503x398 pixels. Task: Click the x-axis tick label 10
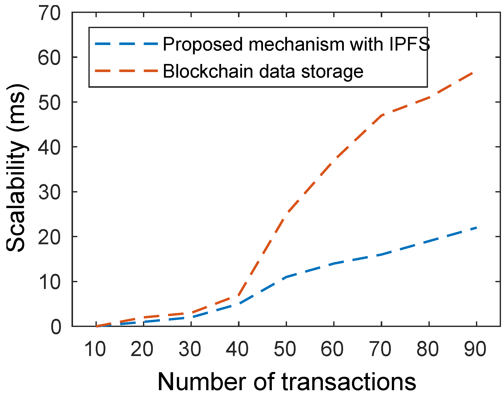tap(95, 349)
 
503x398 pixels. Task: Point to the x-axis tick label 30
tap(190, 349)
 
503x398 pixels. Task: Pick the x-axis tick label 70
tap(380, 349)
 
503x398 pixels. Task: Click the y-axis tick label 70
tap(50, 13)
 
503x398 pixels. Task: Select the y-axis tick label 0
tap(56, 327)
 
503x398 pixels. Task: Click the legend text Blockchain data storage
tap(263, 71)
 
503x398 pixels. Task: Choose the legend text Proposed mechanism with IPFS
tap(296, 44)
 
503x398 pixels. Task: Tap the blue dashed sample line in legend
tap(126, 44)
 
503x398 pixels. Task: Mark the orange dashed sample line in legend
tap(126, 71)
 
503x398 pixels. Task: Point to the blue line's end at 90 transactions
tap(476, 228)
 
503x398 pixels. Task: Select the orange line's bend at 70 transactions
tap(381, 115)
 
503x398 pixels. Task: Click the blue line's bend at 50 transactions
tap(286, 277)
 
